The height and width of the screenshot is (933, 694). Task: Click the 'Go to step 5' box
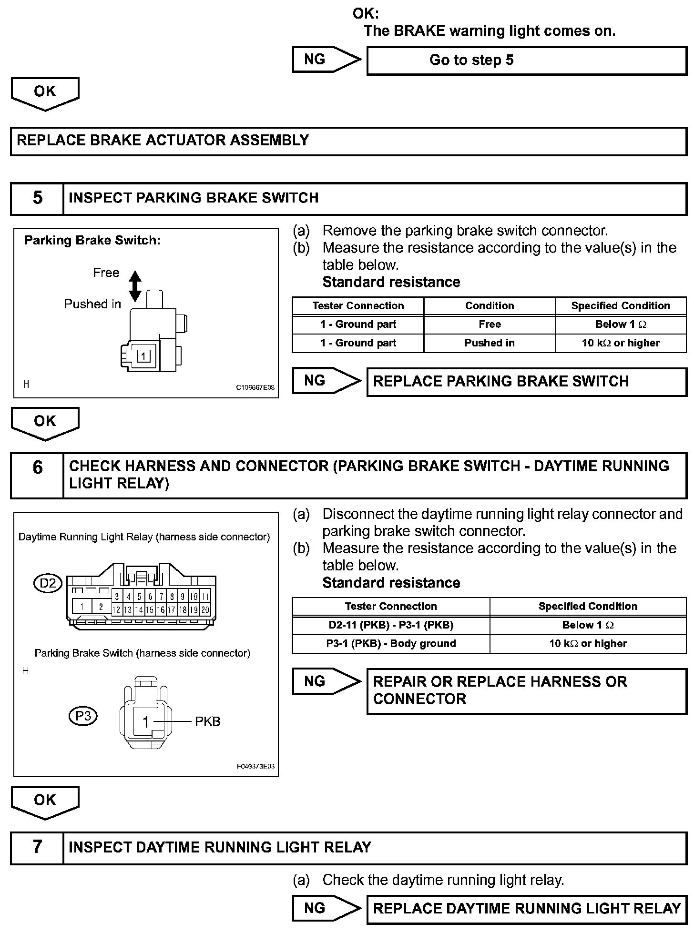pos(526,61)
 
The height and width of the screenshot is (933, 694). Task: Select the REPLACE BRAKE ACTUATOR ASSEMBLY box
pos(348,141)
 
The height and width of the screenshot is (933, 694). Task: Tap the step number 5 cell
pos(37,198)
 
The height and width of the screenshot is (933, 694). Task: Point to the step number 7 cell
pos(37,847)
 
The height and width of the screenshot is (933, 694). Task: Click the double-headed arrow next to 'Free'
pos(135,286)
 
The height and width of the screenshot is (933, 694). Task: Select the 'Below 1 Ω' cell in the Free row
pos(621,325)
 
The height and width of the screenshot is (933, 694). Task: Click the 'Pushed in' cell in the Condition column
pos(490,343)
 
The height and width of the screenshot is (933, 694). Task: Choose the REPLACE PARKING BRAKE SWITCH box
pos(526,382)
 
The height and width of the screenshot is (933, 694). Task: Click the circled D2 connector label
pos(48,583)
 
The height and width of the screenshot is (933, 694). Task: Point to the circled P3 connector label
pos(83,716)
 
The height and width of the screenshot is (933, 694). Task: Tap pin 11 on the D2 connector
pos(205,597)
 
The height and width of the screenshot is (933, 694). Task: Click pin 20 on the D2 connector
pos(205,609)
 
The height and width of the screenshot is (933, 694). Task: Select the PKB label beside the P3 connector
pos(208,721)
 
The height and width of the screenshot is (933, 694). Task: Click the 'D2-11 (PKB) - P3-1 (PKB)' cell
pos(391,625)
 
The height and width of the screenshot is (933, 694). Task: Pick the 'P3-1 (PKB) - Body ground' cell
pos(391,644)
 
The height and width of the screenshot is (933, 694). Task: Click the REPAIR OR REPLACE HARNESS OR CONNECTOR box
pos(526,690)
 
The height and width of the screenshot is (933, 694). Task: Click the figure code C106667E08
pos(255,387)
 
